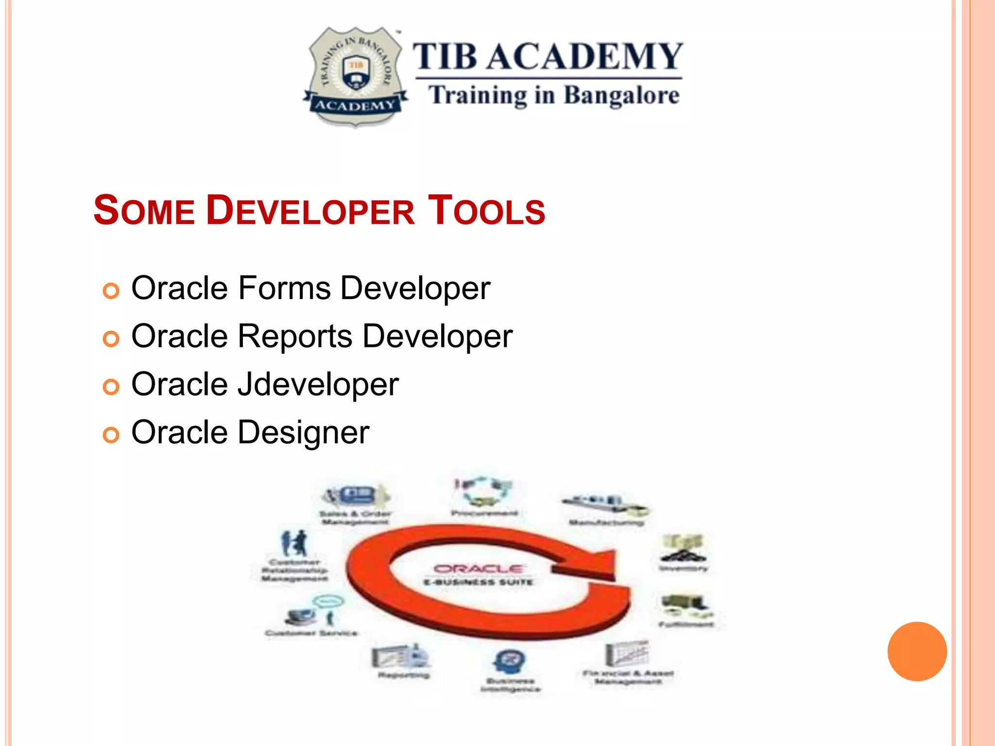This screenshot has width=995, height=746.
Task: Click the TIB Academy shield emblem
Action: pyautogui.click(x=355, y=77)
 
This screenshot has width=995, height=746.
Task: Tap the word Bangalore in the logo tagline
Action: pyautogui.click(x=621, y=96)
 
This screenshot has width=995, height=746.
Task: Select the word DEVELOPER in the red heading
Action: pyautogui.click(x=310, y=211)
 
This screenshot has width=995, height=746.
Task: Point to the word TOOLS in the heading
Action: pyautogui.click(x=486, y=211)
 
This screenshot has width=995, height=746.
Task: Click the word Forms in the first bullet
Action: pyautogui.click(x=285, y=288)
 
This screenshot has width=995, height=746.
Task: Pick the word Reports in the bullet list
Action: pyautogui.click(x=295, y=336)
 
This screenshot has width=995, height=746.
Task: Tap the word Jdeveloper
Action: pyautogui.click(x=318, y=385)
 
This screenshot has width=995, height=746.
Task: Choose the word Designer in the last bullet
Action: pyautogui.click(x=304, y=432)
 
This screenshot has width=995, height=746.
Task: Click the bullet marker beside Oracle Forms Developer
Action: pyautogui.click(x=111, y=291)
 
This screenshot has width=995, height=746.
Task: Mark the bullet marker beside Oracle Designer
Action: pyautogui.click(x=111, y=435)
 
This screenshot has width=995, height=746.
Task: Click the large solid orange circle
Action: pyautogui.click(x=917, y=651)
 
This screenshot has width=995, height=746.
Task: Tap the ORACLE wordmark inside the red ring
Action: pyautogui.click(x=479, y=569)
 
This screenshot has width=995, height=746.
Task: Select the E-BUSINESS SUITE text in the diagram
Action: pyautogui.click(x=479, y=582)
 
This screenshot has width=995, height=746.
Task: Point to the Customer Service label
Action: pyautogui.click(x=311, y=633)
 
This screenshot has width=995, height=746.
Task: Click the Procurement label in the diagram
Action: pyautogui.click(x=484, y=513)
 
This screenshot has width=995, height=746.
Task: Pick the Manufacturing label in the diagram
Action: pyautogui.click(x=606, y=523)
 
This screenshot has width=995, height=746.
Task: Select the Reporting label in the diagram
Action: pyautogui.click(x=403, y=675)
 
